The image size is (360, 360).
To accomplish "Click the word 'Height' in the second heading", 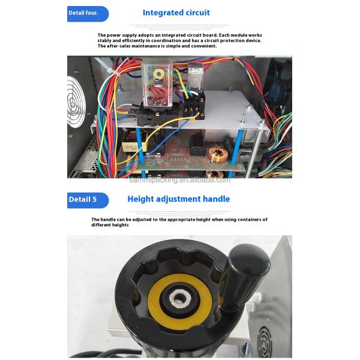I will tap(142, 199).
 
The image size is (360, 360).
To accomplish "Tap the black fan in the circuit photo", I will tap(280, 93).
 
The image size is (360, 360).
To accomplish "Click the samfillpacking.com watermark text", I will tap(179, 179).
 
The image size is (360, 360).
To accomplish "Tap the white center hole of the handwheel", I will tap(179, 298).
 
